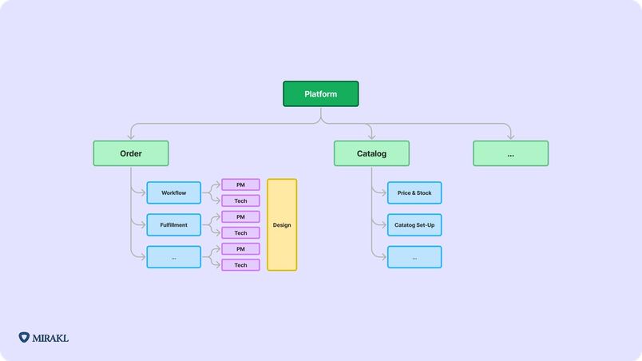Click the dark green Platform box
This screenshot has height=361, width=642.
point(320,94)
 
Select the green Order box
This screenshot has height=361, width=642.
point(131,153)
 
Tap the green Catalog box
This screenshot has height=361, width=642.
point(371,153)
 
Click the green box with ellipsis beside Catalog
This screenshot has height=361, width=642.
point(510,153)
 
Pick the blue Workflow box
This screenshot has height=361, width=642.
point(173,192)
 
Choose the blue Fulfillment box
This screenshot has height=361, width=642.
point(173,225)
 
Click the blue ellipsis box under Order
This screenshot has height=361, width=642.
point(173,257)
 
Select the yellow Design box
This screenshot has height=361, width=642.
point(282,224)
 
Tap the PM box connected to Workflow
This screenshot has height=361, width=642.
point(240,184)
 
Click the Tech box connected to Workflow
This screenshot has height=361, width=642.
point(240,200)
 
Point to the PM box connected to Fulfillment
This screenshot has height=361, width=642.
point(240,216)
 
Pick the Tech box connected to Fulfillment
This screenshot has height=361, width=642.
point(240,232)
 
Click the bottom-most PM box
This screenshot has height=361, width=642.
point(240,249)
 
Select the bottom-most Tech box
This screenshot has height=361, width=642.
point(240,265)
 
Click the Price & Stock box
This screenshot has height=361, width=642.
point(414,192)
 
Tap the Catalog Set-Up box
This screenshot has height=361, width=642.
point(414,225)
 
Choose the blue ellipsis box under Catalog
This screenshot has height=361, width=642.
point(414,257)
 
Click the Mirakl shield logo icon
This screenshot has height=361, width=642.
point(24,338)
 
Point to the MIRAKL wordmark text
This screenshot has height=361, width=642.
point(51,338)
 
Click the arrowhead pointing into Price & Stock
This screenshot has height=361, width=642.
point(384,192)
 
